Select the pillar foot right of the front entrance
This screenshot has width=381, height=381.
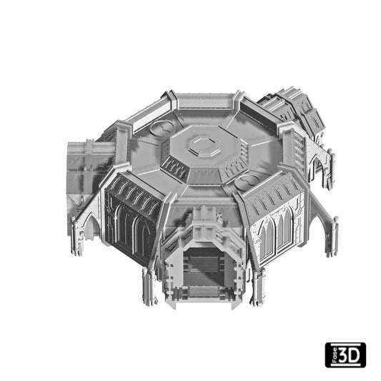point(257,287)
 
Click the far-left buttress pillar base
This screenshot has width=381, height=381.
point(76,237)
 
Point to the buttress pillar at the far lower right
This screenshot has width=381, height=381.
point(332,237)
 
